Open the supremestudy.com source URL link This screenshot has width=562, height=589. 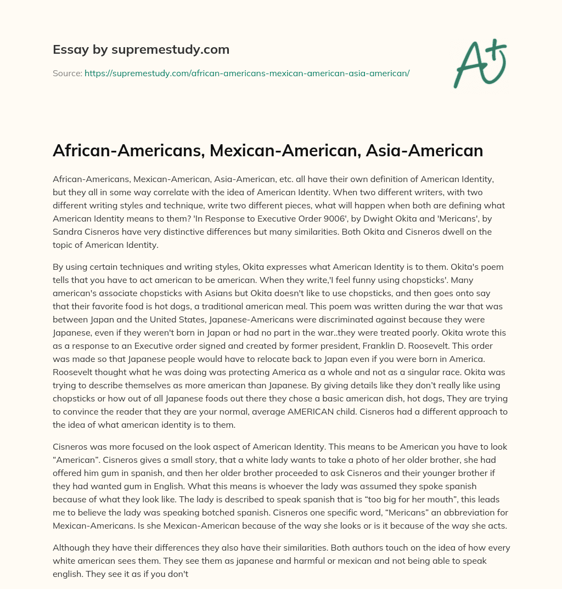coord(247,73)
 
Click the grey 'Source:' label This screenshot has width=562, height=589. coord(67,73)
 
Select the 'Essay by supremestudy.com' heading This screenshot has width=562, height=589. coord(141,50)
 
